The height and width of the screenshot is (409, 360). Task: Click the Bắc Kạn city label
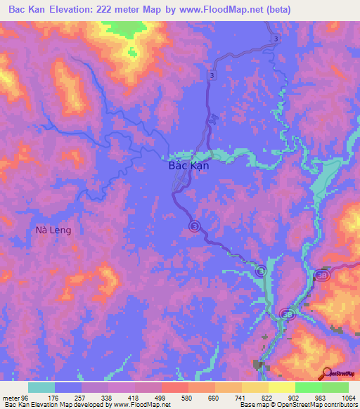click(x=189, y=167)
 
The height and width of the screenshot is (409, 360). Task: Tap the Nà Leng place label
click(x=53, y=230)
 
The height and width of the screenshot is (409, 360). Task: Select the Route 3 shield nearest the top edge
click(x=277, y=38)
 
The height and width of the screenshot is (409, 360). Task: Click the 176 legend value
click(x=53, y=397)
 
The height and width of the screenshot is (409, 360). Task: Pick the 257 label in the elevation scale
click(x=82, y=397)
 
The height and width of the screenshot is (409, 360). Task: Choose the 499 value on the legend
click(x=162, y=397)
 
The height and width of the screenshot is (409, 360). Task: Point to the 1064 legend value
click(x=347, y=397)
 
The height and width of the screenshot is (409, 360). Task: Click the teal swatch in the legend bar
click(x=41, y=387)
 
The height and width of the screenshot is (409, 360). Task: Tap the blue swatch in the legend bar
click(x=68, y=387)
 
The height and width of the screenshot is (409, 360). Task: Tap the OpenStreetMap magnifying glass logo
click(x=326, y=373)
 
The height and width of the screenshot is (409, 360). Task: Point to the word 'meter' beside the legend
click(x=11, y=397)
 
